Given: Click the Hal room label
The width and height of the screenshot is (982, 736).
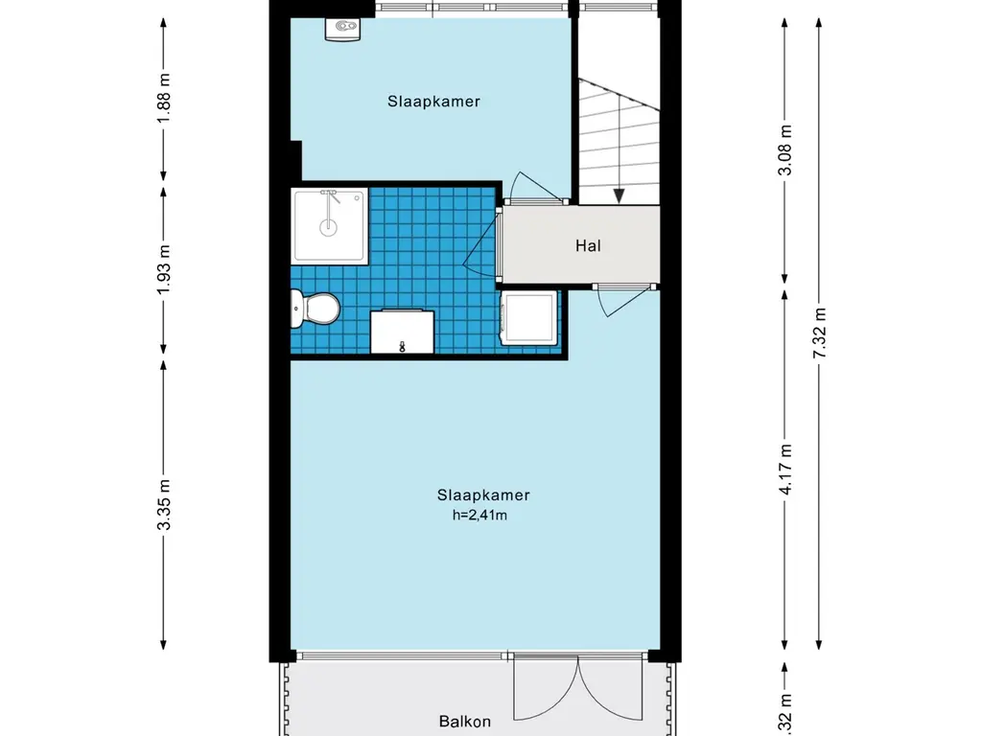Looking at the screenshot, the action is (x=588, y=245).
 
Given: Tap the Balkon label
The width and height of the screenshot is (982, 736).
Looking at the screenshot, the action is (x=465, y=722).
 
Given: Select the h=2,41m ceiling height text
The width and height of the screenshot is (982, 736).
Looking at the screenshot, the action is (x=479, y=515).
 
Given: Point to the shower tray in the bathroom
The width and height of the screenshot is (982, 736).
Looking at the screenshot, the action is (x=330, y=226).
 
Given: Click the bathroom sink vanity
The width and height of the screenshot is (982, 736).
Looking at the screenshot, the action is (x=402, y=331).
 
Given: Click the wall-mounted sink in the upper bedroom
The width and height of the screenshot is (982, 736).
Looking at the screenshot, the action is (x=342, y=29).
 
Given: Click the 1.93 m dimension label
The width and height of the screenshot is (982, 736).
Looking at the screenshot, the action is (x=163, y=270).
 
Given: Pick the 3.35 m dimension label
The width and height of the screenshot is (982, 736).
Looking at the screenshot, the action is (x=163, y=504).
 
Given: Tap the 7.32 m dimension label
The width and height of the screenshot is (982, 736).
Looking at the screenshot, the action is (x=819, y=333).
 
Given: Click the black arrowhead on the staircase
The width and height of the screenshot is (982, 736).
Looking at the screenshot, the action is (x=619, y=195).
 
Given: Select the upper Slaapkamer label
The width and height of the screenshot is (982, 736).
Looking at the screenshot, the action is (x=433, y=102).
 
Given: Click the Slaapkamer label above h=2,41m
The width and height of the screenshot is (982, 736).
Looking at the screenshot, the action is (x=483, y=495).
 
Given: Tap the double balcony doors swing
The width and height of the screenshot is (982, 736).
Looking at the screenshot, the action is (x=578, y=687).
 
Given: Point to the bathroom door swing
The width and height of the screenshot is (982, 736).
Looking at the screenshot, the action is (x=482, y=241).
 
